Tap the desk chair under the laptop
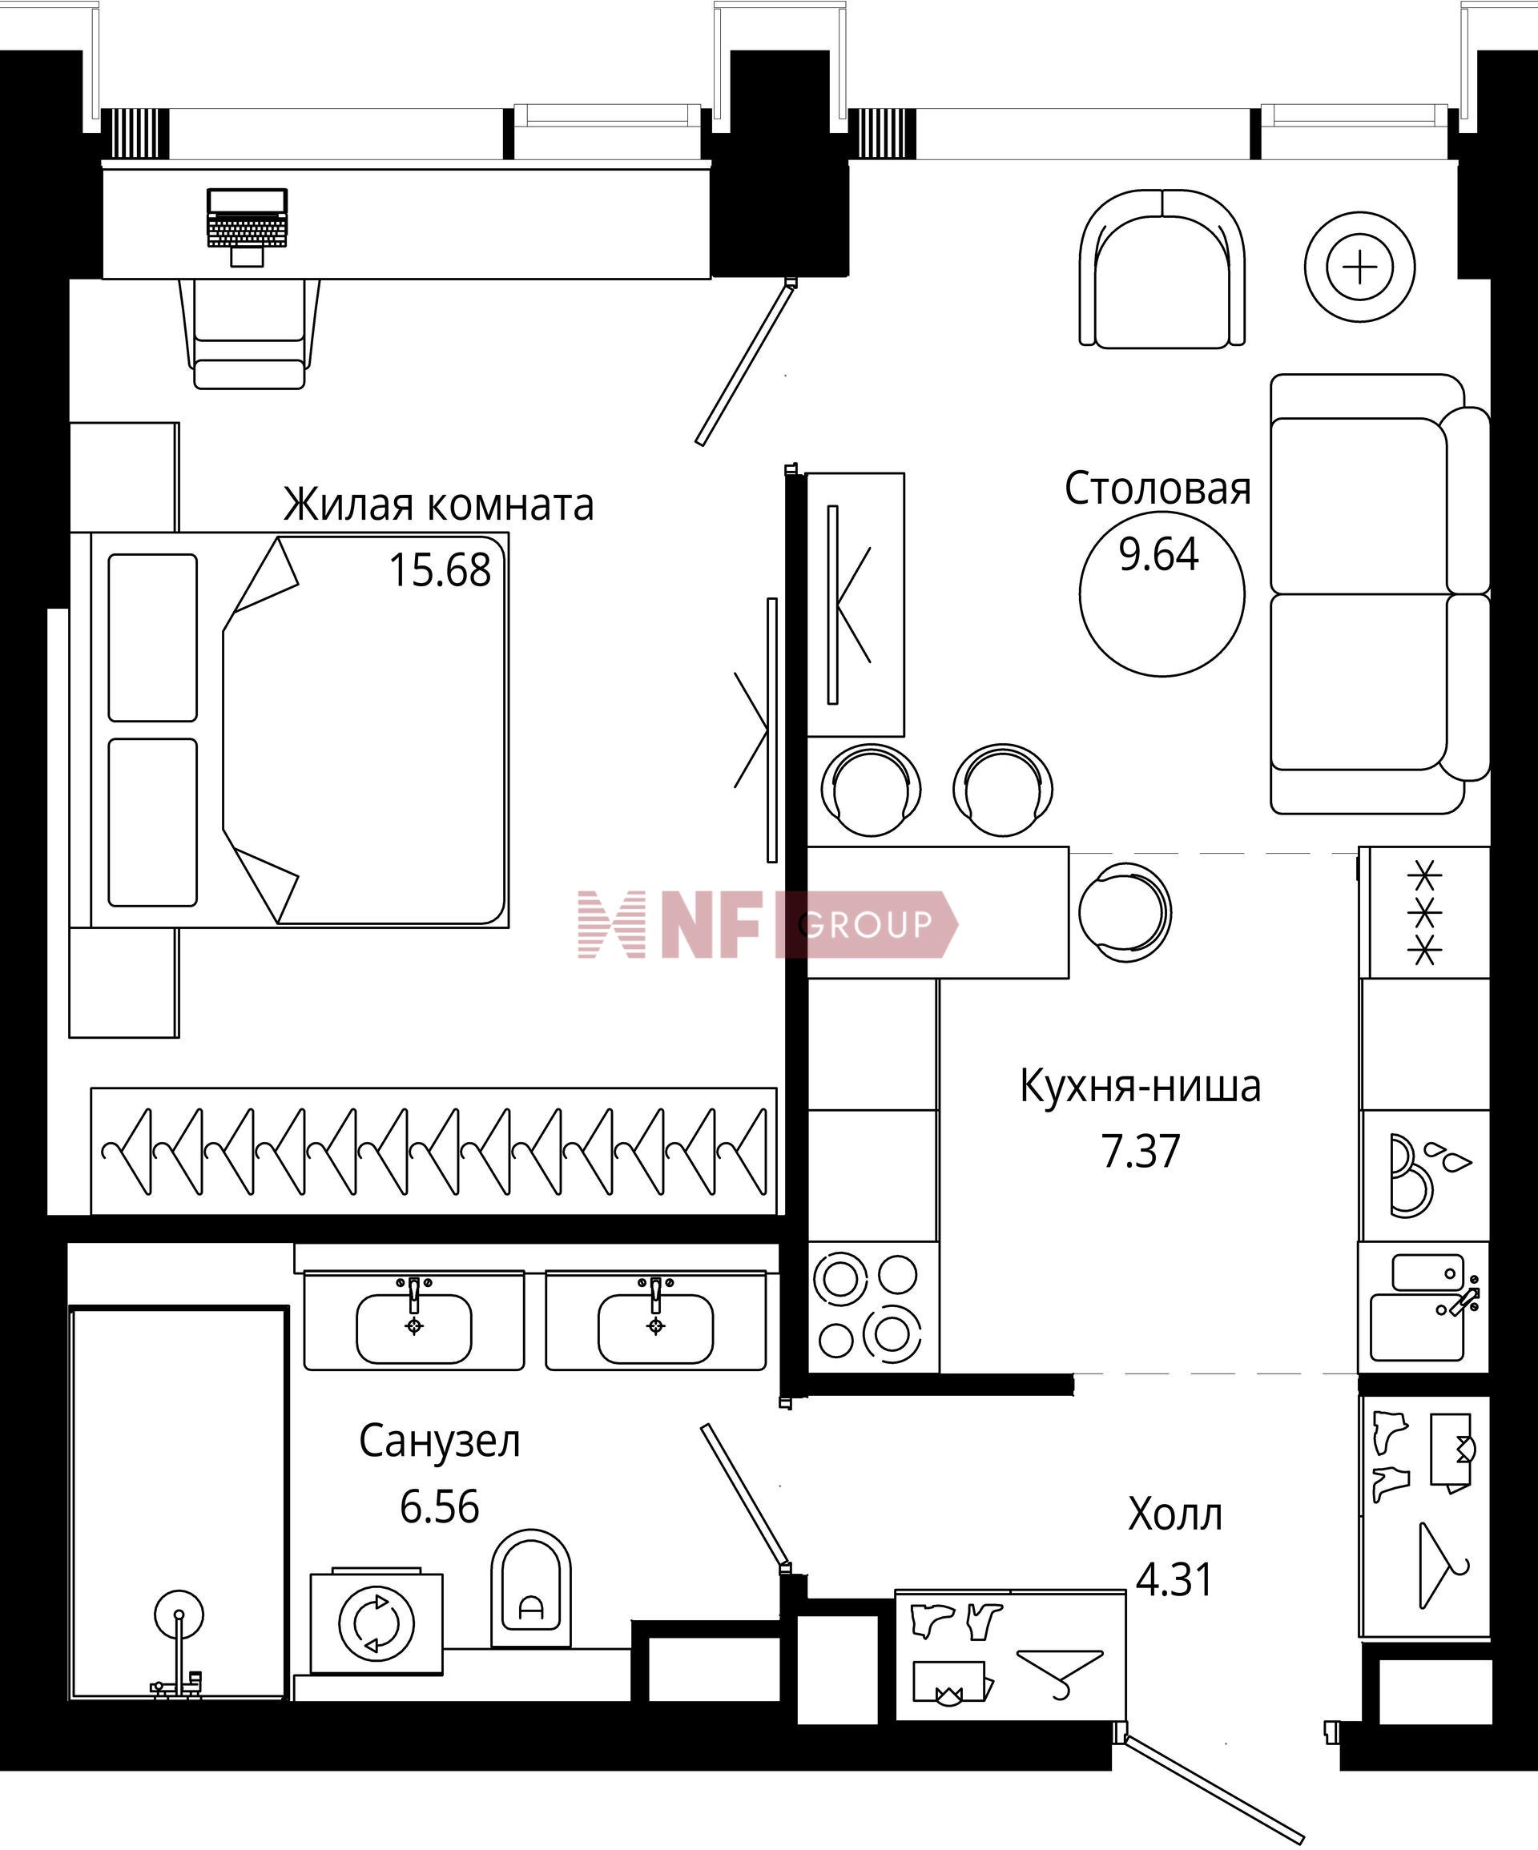tap(249, 334)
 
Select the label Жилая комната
tap(438, 505)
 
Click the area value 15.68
tap(439, 570)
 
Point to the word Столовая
tap(1158, 488)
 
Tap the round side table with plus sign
tap(1360, 267)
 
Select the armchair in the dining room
tap(1162, 269)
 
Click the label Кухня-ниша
tap(1141, 1086)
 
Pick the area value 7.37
tap(1141, 1151)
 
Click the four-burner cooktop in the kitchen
tap(872, 1306)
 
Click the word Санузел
tap(439, 1442)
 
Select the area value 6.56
tap(439, 1506)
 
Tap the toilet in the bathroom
tap(529, 1588)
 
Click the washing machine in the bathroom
tap(376, 1621)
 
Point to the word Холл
tap(1175, 1515)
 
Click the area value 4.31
tap(1175, 1579)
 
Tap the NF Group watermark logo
tap(767, 924)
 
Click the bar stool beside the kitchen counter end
tap(1125, 911)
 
